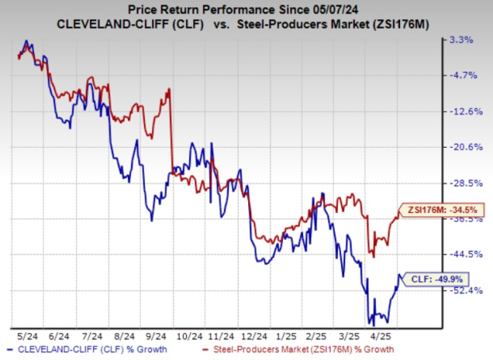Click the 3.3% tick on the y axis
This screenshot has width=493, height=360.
[464, 39]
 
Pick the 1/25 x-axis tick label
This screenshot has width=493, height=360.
[301, 336]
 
